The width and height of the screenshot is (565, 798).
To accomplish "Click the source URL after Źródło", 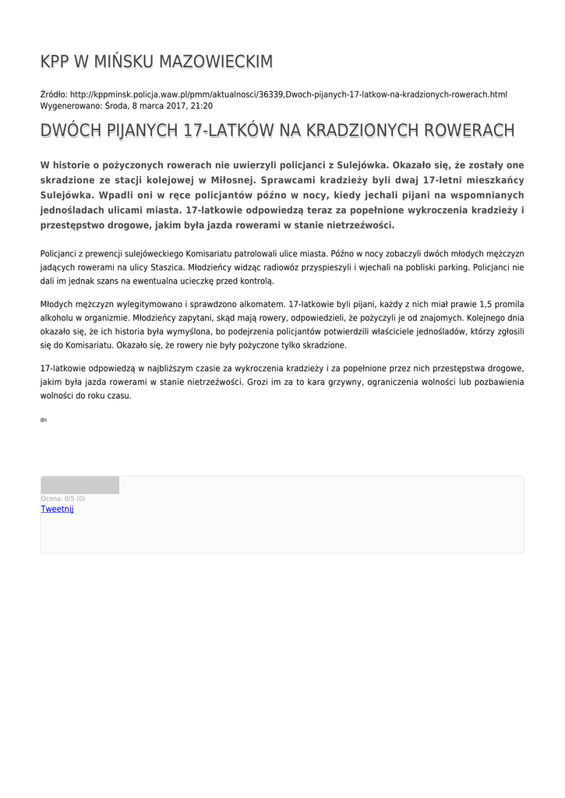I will (288, 94).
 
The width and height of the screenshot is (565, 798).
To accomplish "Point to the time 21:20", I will (202, 106).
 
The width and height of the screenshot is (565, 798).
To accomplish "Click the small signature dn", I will (44, 420).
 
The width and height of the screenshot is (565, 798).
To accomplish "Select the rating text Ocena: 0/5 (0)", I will (63, 499).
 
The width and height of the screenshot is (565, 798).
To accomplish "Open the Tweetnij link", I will (57, 509).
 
